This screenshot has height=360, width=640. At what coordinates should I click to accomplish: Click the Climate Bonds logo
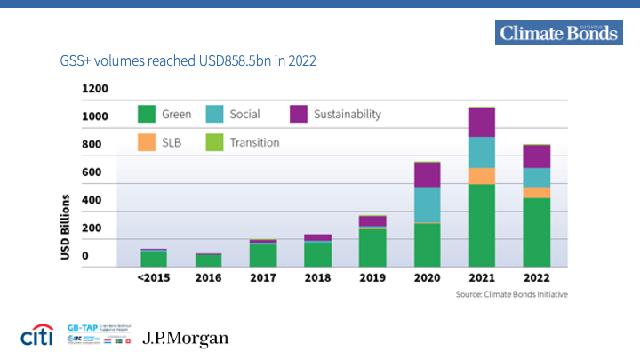558,34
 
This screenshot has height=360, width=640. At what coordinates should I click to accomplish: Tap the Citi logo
37,338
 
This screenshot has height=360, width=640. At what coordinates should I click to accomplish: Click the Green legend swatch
147,115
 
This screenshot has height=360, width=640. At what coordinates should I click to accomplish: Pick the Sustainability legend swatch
298,115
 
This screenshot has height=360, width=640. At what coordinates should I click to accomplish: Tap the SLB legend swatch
147,142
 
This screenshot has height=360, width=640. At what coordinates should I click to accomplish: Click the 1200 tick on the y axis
94,89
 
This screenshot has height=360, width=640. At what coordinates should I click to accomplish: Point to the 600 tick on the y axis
92,172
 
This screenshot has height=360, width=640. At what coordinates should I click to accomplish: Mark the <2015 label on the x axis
154,277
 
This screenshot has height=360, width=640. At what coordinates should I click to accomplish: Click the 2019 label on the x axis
372,277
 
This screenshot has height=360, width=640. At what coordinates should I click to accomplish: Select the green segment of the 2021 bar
482,225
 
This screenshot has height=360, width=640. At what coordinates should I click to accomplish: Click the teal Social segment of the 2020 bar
427,204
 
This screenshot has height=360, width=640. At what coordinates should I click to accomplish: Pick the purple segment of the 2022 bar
536,156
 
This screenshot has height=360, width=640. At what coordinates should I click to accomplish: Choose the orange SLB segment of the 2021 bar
482,176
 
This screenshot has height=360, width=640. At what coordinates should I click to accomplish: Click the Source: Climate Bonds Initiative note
511,294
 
